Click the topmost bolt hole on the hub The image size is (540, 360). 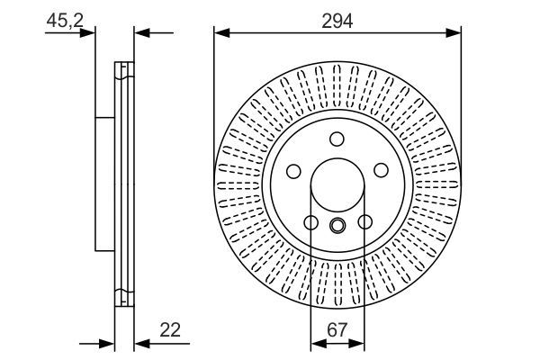coord(337,139)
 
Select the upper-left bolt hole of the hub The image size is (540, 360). coord(293,171)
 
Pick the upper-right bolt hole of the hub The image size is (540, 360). coord(381,171)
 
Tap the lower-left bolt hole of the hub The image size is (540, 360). coord(310,222)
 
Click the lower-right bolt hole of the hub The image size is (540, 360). coord(364,222)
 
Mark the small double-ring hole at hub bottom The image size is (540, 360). coord(337,226)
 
